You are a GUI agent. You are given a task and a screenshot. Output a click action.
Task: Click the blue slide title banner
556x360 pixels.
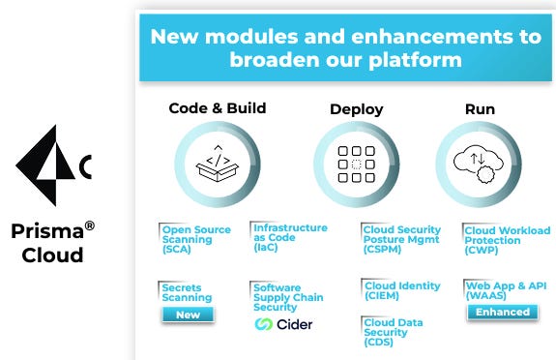click(345, 46)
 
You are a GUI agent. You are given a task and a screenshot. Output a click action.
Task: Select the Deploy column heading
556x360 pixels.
click(356, 108)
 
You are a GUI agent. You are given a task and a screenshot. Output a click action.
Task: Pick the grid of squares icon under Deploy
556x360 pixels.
click(356, 163)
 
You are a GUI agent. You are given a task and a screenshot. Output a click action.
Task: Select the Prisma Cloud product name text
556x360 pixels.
click(53, 243)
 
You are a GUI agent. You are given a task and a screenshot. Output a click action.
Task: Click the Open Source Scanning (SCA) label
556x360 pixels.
click(196, 239)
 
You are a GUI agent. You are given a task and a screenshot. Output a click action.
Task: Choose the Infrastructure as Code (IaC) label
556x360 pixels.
click(289, 237)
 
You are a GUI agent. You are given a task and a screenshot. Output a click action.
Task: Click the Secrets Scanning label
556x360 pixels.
click(187, 292)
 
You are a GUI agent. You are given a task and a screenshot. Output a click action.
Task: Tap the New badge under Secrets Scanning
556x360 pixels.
click(188, 315)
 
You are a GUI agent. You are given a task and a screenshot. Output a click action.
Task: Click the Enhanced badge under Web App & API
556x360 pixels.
click(502, 312)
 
